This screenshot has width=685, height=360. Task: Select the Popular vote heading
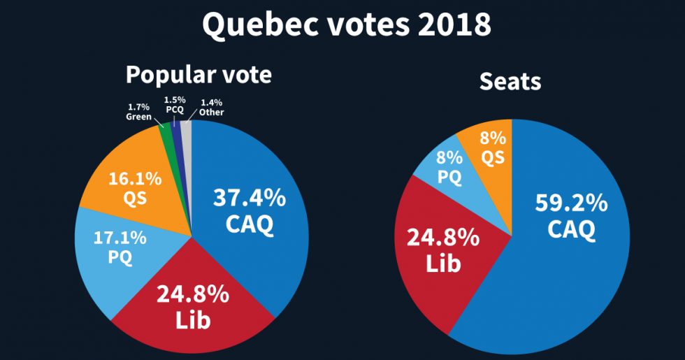[199, 74]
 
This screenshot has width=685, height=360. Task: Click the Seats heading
[510, 82]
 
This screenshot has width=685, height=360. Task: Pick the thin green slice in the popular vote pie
[168, 136]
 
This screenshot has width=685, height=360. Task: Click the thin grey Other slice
[187, 133]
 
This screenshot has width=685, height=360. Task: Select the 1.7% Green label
[138, 112]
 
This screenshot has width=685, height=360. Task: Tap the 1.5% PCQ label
[174, 105]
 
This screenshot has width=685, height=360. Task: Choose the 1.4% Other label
[211, 107]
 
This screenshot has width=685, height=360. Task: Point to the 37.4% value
[249, 198]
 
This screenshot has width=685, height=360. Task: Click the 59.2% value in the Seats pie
[571, 203]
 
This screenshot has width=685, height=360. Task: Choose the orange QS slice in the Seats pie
[491, 147]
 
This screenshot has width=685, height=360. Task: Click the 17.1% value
[120, 238]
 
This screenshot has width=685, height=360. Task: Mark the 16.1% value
[135, 178]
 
